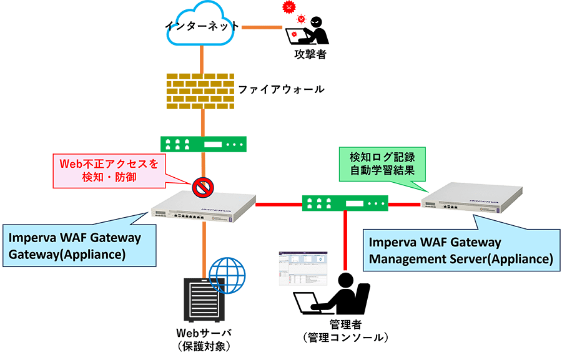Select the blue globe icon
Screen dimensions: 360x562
227,275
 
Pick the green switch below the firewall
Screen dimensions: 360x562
204,145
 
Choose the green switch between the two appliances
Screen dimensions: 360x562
345,203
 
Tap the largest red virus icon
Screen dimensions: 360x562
288,7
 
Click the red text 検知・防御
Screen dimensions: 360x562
109,178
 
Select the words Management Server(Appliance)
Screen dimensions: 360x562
461,258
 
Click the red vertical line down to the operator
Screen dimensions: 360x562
345,243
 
